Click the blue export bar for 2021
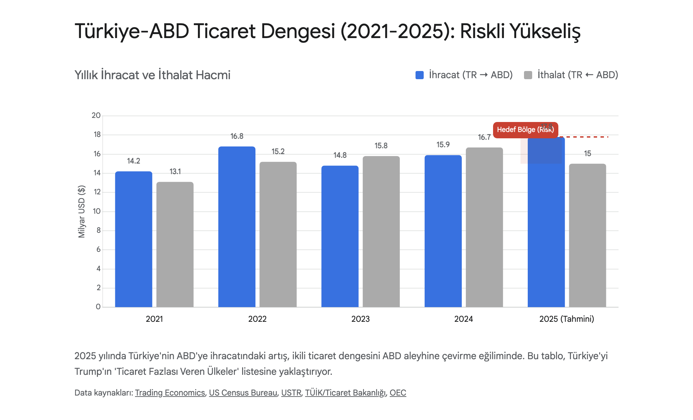point(134,239)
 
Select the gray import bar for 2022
point(278,234)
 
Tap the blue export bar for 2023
point(340,237)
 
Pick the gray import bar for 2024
point(484,227)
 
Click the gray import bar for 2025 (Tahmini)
point(587,235)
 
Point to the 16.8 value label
point(237,136)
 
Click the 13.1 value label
point(175,172)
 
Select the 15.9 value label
point(443,145)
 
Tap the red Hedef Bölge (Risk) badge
point(525,130)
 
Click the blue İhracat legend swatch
point(420,75)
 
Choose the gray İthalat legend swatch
point(528,75)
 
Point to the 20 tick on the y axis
point(96,116)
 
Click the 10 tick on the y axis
point(96,211)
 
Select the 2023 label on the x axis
point(360,319)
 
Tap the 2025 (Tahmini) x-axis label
point(567,319)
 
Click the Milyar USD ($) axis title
point(82,211)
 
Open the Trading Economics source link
point(170,393)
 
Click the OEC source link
point(398,393)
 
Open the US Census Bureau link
point(243,393)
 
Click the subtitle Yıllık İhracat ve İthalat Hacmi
point(152,75)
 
